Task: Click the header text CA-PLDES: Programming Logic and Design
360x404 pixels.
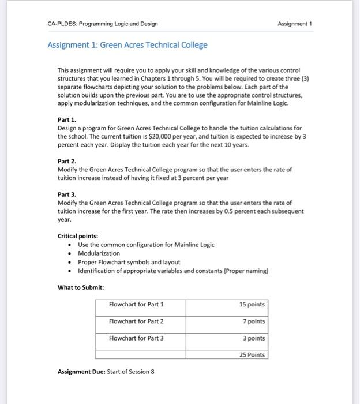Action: coord(103,24)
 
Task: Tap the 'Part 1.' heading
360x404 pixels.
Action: coord(67,119)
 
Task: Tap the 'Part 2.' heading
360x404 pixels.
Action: coord(67,162)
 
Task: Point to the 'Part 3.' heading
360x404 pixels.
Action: coord(67,194)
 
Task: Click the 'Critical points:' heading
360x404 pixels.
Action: coord(78,236)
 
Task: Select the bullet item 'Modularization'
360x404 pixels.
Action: coord(99,253)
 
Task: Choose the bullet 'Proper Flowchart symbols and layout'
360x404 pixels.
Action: coord(129,262)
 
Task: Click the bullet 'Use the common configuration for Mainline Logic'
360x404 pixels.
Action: coord(146,245)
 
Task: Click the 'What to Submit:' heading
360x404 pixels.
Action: coord(81,287)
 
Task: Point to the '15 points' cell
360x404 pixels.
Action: coord(252,304)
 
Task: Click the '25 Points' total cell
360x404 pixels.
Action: coord(252,354)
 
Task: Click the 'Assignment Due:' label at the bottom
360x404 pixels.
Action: coord(81,371)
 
